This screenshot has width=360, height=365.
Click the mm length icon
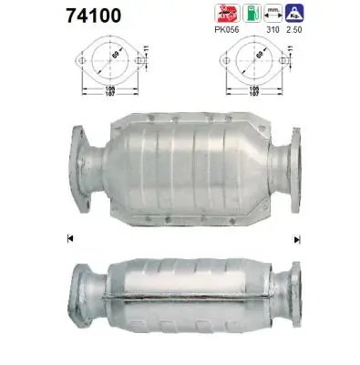[x=270, y=13]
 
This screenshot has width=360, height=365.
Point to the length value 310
[x=270, y=30]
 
